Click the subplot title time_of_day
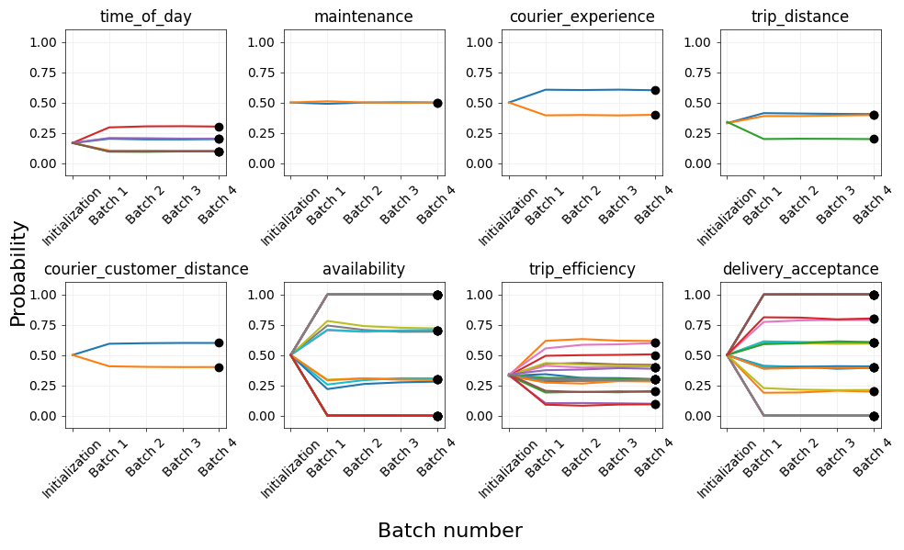(x=145, y=17)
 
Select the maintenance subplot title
(x=363, y=17)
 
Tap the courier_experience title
(x=582, y=17)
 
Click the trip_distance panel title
(x=799, y=17)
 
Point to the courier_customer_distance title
(x=146, y=269)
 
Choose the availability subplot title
(x=363, y=269)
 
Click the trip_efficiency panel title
(x=582, y=269)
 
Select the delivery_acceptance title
(x=800, y=269)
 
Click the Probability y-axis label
(x=18, y=274)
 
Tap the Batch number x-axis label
(x=450, y=531)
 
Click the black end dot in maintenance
(x=437, y=103)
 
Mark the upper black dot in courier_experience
(x=656, y=90)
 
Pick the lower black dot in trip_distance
(x=874, y=139)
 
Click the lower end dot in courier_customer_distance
(x=220, y=367)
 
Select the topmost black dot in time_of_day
(x=220, y=127)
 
